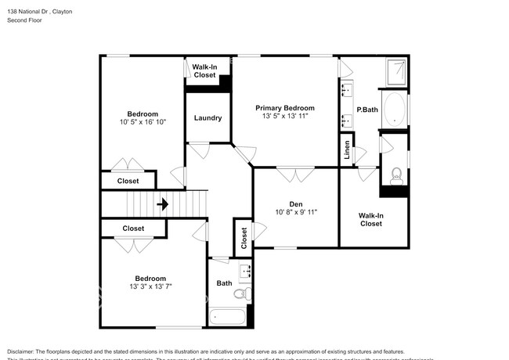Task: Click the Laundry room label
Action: [208, 118]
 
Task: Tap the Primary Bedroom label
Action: [286, 108]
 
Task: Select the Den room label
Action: [295, 204]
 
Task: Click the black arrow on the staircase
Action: [162, 205]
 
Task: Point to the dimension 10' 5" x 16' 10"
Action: [143, 122]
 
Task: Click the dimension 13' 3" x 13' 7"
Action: [150, 286]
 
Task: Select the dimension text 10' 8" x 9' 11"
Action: [295, 212]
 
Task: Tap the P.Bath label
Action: [367, 110]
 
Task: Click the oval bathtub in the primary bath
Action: [396, 110]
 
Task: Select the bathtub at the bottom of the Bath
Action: [228, 318]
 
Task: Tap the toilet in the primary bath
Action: [396, 174]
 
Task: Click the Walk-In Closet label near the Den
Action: [370, 219]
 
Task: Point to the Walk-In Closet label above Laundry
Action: [204, 71]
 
